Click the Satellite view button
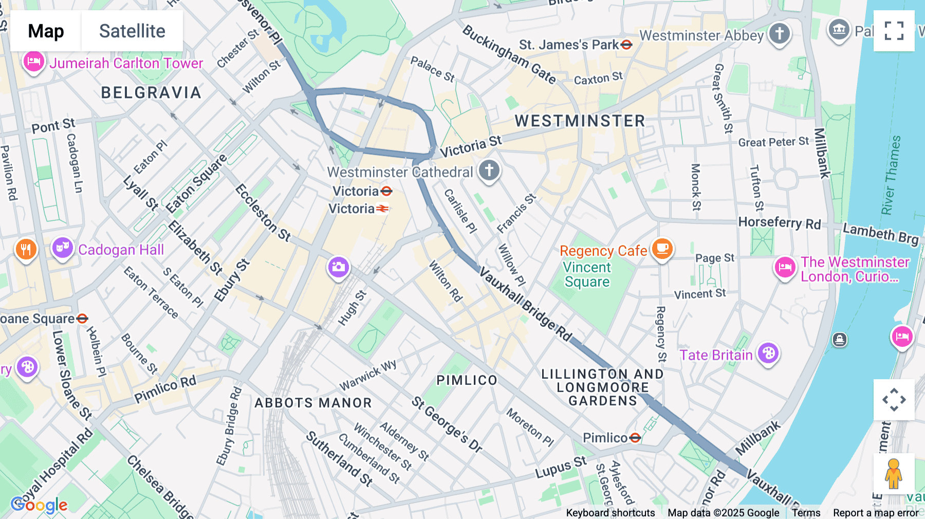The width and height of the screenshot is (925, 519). point(132,31)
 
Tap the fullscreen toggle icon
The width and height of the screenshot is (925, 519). point(894,31)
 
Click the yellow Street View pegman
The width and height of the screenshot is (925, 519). point(893,473)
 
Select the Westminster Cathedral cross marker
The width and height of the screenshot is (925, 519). point(489,170)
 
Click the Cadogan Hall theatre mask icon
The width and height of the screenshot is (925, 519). point(62,248)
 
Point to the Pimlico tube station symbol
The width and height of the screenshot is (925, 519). point(635,437)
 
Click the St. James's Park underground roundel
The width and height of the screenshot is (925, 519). point(626,45)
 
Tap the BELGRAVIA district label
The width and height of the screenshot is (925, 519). point(151,92)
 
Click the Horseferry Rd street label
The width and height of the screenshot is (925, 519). point(779,223)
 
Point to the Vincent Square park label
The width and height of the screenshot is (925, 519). point(587,274)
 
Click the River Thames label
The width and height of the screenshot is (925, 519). point(891,175)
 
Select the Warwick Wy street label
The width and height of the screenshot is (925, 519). point(368,375)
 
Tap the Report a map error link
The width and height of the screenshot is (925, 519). point(875,512)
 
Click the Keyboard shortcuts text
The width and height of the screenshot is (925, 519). point(610,512)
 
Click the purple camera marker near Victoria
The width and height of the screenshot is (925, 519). point(338,267)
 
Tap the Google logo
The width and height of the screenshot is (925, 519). point(39,505)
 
